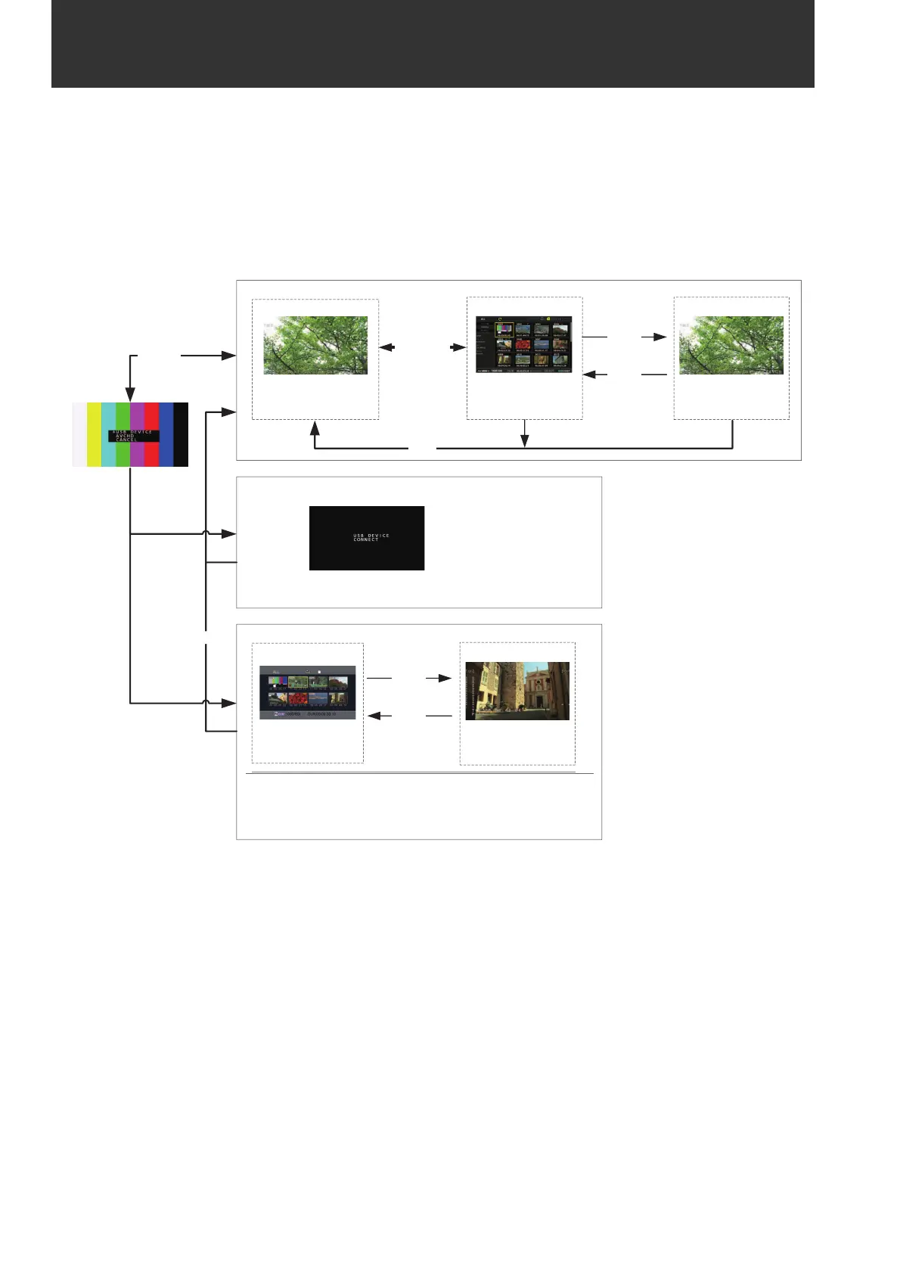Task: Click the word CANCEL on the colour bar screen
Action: (x=126, y=440)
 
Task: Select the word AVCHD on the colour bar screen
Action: (x=125, y=436)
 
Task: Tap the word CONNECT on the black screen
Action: (x=365, y=540)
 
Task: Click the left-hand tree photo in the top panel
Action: (x=315, y=345)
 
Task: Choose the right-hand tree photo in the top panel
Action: (x=731, y=345)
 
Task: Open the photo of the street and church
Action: (x=517, y=691)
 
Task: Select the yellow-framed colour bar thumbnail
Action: (x=504, y=329)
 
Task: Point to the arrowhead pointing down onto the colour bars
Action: (x=130, y=394)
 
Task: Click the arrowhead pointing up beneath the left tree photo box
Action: (x=315, y=427)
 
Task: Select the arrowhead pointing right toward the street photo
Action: (x=445, y=679)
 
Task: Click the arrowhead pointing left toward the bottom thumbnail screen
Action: (x=374, y=716)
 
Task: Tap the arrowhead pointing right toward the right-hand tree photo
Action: (x=659, y=337)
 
